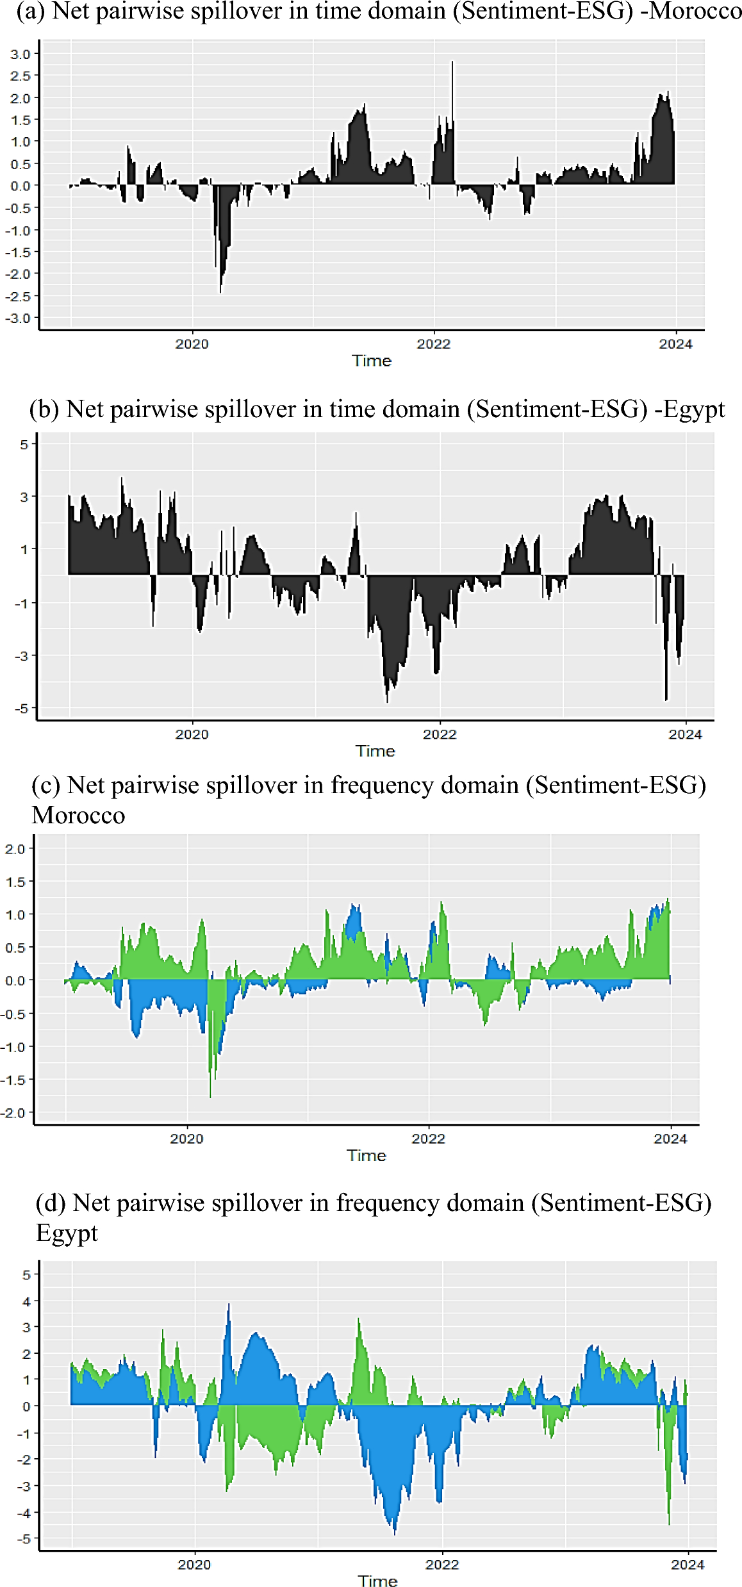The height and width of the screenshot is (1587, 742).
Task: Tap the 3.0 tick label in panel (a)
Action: click(20, 54)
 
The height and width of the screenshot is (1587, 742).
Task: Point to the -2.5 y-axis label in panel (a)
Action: click(18, 296)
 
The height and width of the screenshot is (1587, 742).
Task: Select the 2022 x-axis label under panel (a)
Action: click(434, 344)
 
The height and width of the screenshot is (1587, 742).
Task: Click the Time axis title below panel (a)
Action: click(372, 361)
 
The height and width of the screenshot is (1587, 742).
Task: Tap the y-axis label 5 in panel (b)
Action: click(24, 444)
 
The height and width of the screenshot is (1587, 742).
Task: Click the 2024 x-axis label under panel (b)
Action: click(685, 734)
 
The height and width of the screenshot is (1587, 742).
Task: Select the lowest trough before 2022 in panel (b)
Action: click(387, 700)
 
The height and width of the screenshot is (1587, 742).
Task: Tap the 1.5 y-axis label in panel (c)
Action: click(15, 882)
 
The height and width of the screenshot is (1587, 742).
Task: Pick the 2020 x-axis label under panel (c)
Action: click(186, 1139)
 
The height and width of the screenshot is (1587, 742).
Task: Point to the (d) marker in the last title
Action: click(51, 1203)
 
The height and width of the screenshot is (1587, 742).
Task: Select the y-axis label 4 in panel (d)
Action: click(26, 1301)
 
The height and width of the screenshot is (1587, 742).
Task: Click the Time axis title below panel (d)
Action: click(377, 1581)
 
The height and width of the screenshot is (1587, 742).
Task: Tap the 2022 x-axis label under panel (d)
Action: click(442, 1565)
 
